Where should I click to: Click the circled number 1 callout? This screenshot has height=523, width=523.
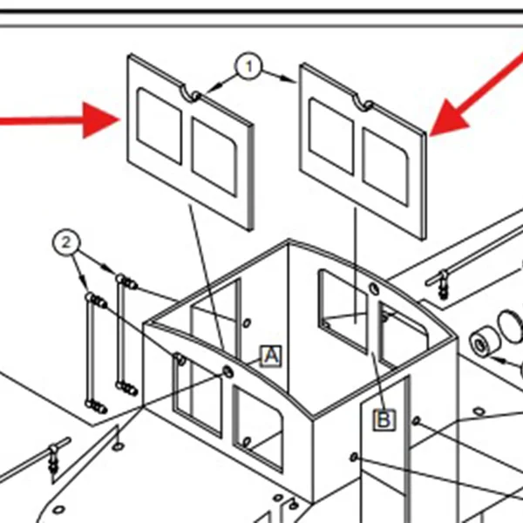click(248, 66)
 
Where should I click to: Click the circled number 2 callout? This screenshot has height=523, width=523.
click(66, 242)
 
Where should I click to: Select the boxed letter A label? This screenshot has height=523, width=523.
click(271, 356)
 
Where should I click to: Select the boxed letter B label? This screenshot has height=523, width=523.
click(384, 419)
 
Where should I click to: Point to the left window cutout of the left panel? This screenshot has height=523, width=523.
click(160, 126)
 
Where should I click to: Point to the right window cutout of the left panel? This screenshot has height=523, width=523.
click(214, 158)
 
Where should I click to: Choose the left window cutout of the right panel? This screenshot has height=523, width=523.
click(331, 136)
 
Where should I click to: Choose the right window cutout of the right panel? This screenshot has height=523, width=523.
click(385, 167)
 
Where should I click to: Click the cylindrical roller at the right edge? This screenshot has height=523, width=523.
click(484, 343)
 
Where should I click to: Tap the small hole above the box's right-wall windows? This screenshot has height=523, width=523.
click(375, 289)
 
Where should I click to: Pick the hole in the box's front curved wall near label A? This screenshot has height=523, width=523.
click(228, 371)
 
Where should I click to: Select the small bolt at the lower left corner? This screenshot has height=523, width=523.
click(53, 460)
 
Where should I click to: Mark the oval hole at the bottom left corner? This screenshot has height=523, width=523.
click(59, 509)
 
